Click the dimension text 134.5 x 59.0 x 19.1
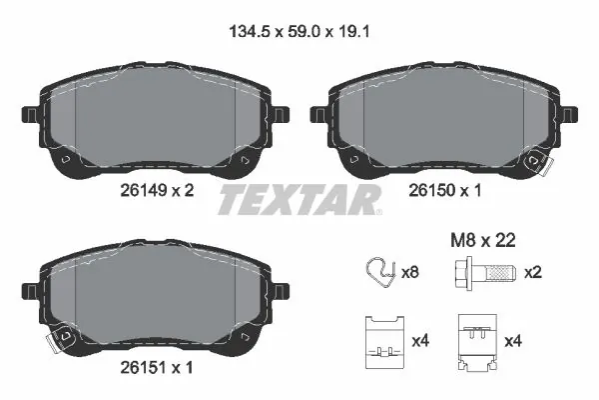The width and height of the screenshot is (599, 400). (x=299, y=32)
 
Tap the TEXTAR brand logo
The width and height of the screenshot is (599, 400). (x=299, y=200)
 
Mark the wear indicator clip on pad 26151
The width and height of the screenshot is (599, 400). (x=57, y=339)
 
